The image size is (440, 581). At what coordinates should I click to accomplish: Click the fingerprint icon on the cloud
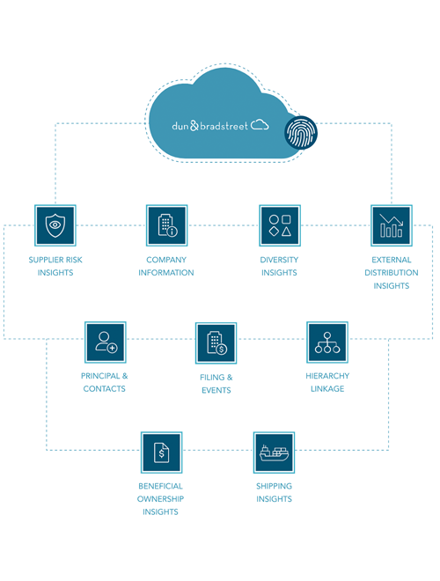pyautogui.click(x=301, y=133)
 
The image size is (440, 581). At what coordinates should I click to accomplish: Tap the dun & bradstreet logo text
pyautogui.click(x=209, y=126)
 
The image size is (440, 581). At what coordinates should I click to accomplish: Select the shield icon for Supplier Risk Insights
pyautogui.click(x=55, y=225)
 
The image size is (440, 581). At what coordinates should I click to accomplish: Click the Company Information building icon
pyautogui.click(x=166, y=225)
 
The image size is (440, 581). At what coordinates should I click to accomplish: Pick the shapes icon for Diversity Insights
pyautogui.click(x=280, y=225)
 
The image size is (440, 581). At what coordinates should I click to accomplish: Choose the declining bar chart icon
pyautogui.click(x=392, y=225)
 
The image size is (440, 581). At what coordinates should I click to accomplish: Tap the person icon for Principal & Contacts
pyautogui.click(x=106, y=342)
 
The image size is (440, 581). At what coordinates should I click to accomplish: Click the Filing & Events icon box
pyautogui.click(x=216, y=343)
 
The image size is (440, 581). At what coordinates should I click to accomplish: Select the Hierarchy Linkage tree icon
pyautogui.click(x=327, y=342)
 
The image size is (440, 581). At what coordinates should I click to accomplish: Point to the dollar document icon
pyautogui.click(x=162, y=452)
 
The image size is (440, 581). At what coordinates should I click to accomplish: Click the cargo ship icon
pyautogui.click(x=274, y=452)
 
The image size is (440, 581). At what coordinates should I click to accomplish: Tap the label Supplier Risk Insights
pyautogui.click(x=55, y=266)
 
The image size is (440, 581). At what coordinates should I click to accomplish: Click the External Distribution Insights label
pyautogui.click(x=392, y=273)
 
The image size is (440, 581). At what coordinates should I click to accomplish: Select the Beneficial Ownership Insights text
pyautogui.click(x=160, y=499)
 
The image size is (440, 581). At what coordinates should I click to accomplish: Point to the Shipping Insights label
pyautogui.click(x=274, y=492)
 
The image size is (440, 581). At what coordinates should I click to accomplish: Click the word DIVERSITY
pyautogui.click(x=279, y=260)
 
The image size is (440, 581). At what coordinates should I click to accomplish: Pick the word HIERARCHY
pyautogui.click(x=327, y=376)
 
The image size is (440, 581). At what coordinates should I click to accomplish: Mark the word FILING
pyautogui.click(x=212, y=377)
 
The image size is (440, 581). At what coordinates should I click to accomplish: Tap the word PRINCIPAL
pyautogui.click(x=100, y=376)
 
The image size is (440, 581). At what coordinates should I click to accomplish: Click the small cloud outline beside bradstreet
pyautogui.click(x=260, y=124)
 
